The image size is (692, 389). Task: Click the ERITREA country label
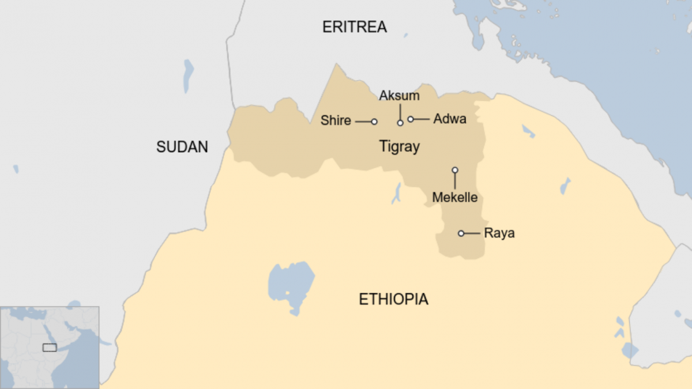point(354,27)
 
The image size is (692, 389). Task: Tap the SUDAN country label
point(182,147)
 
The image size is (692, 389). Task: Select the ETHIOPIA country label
point(393,300)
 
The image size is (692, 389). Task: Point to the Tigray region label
point(399,147)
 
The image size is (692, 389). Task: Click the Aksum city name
point(399,96)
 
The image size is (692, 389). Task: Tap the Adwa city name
point(449,119)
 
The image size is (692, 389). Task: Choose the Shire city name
point(336,120)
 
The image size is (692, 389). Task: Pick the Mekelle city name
point(455,198)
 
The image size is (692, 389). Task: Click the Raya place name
point(499,233)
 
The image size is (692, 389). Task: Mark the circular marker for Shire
point(374,122)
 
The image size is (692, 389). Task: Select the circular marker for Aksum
point(400,123)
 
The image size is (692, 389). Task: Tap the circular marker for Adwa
point(411,119)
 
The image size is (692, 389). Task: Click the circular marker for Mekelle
point(454,170)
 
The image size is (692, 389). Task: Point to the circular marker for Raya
point(461,233)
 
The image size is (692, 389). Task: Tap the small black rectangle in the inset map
point(50,348)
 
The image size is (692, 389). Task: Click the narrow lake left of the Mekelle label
point(397,194)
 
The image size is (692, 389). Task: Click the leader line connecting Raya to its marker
point(472,233)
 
